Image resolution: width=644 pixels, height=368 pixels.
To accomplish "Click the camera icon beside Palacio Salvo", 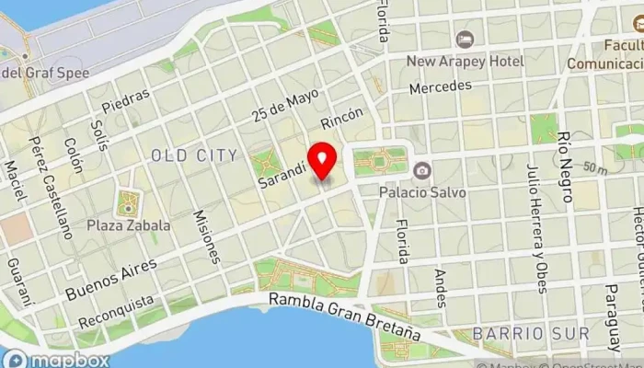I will pos(422,170).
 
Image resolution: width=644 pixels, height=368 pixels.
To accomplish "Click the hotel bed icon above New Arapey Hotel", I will pos(466,40).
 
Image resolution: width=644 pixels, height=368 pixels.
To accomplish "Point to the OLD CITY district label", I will pos(194,155).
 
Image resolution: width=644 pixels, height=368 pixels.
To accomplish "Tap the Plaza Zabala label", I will pos(129,224).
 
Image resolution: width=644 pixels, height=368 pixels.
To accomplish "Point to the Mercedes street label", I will pos(440,87).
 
